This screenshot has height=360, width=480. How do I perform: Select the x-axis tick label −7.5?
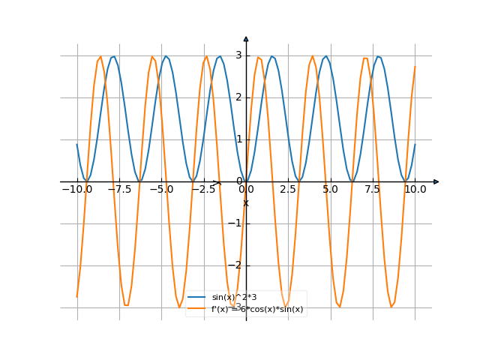(118, 190)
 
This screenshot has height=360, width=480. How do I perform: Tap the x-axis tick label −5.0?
(160, 190)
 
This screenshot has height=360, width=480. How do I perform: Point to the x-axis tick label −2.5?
(202, 190)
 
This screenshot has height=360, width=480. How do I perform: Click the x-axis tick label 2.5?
(288, 190)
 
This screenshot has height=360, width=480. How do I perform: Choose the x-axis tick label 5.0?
(330, 190)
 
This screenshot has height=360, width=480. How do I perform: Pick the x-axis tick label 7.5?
(373, 190)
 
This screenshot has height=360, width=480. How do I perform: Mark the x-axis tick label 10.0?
(415, 190)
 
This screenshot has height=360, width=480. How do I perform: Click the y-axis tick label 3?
(238, 55)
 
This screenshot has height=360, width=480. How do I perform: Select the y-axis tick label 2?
(238, 97)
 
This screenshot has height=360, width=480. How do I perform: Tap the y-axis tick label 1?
(238, 139)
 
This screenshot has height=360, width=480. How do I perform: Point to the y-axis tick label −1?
(237, 223)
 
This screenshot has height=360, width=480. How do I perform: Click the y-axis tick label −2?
(237, 265)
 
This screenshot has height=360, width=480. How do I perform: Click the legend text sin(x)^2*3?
(234, 298)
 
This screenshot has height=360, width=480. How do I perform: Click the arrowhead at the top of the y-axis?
(246, 38)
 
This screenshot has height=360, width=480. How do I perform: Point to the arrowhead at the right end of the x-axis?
(436, 181)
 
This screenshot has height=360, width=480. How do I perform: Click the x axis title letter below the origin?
(246, 202)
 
